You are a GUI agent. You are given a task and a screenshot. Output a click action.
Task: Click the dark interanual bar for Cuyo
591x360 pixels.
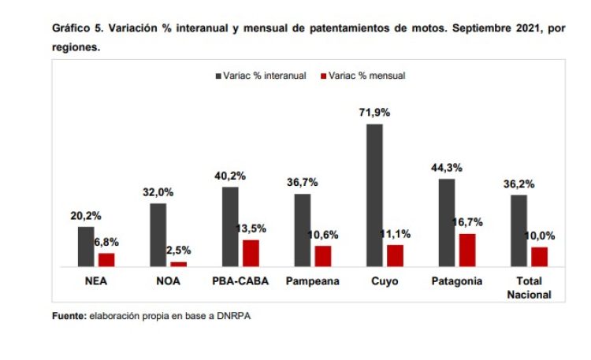374,195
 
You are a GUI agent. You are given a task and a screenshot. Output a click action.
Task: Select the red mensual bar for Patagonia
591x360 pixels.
467,251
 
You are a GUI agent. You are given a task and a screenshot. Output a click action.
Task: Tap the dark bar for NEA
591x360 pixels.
86,247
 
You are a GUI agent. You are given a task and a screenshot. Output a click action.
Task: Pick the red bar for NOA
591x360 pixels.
179,264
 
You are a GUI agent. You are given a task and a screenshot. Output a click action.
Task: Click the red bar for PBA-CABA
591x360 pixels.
251,254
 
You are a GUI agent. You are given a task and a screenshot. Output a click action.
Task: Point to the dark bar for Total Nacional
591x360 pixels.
519,231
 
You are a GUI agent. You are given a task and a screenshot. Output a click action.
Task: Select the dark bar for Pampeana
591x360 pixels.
302,230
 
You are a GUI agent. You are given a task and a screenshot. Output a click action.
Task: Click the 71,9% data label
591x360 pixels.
374,113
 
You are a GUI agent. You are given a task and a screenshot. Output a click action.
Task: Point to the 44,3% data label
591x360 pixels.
447,168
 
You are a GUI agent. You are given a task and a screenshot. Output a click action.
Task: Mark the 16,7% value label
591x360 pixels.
468,222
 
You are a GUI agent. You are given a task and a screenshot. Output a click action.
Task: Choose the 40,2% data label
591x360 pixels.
229,176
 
